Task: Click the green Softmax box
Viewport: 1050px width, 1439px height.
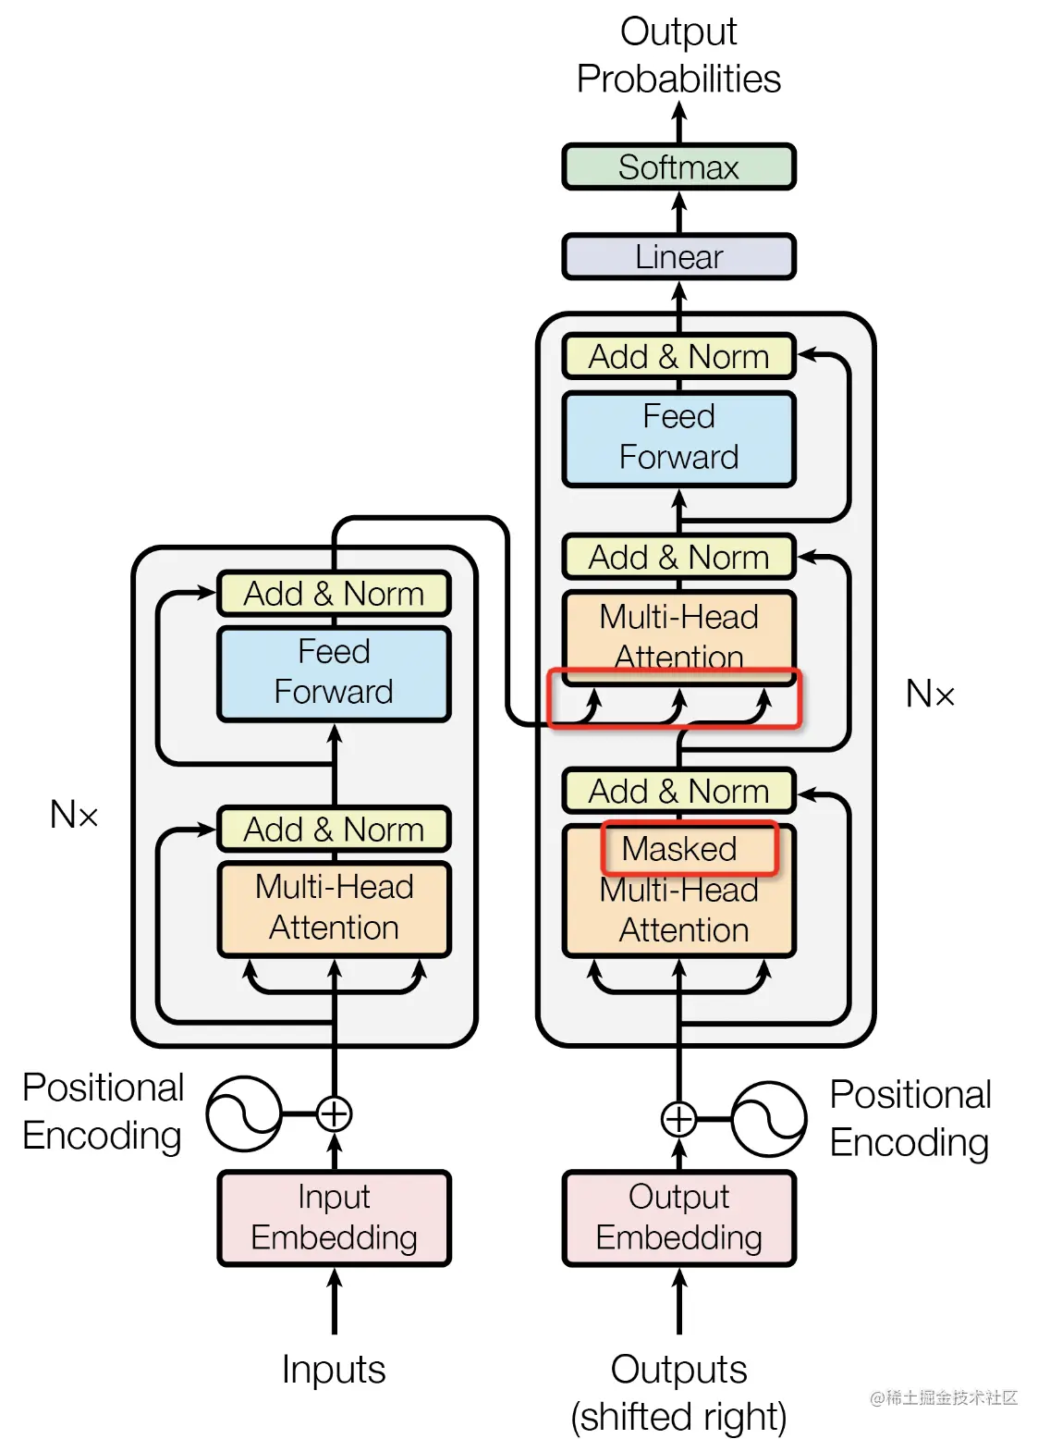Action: pyautogui.click(x=678, y=167)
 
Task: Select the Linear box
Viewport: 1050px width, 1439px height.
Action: pyautogui.click(x=678, y=257)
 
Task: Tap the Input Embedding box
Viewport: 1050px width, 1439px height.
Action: pyautogui.click(x=334, y=1218)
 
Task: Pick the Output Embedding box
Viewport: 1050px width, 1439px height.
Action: pyautogui.click(x=678, y=1218)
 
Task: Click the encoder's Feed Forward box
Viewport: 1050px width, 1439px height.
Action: pyautogui.click(x=334, y=674)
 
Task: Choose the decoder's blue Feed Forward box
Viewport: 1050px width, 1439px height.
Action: pyautogui.click(x=678, y=439)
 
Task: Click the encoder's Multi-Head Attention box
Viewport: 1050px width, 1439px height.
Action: pyautogui.click(x=334, y=909)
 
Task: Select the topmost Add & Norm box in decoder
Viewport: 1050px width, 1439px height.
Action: pyautogui.click(x=678, y=357)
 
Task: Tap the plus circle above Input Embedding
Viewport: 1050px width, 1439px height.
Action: pyautogui.click(x=334, y=1113)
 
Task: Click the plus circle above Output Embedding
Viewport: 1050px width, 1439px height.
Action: pyautogui.click(x=678, y=1119)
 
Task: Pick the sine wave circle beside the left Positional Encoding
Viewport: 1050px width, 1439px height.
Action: pyautogui.click(x=244, y=1113)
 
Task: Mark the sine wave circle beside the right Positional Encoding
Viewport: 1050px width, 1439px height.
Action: pyautogui.click(x=769, y=1119)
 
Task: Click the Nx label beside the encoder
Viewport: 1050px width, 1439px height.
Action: pyautogui.click(x=74, y=815)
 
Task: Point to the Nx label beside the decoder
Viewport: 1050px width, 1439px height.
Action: pyautogui.click(x=930, y=694)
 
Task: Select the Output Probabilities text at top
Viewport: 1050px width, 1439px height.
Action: pyautogui.click(x=678, y=55)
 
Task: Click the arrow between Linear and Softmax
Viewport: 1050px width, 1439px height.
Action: pyautogui.click(x=678, y=213)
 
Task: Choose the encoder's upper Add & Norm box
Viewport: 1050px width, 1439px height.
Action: pyautogui.click(x=334, y=594)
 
